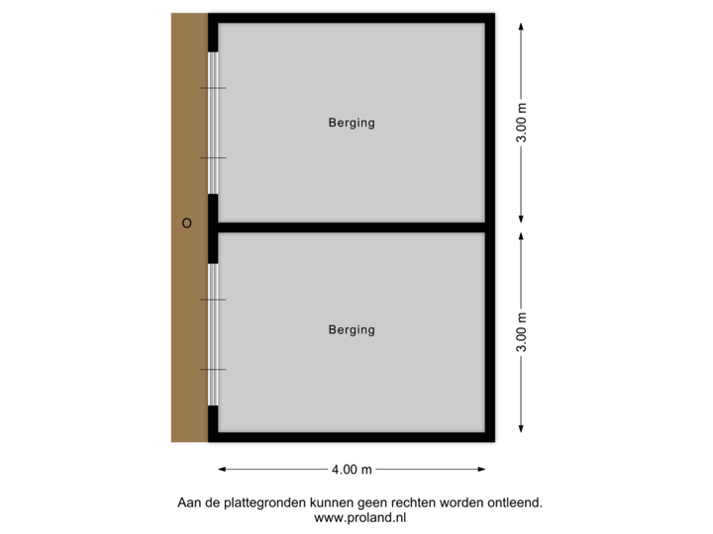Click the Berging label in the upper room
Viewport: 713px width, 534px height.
click(x=352, y=124)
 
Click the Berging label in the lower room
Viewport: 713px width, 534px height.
click(x=352, y=330)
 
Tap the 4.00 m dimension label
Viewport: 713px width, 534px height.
click(x=354, y=469)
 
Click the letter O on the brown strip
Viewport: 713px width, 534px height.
click(x=186, y=223)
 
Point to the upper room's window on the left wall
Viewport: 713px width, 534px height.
click(x=212, y=123)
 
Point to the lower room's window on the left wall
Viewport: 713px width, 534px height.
click(x=212, y=333)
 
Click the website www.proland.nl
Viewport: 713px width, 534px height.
click(x=359, y=516)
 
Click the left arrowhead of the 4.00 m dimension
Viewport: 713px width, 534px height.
click(x=222, y=469)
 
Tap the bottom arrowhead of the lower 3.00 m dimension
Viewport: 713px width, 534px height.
click(x=522, y=430)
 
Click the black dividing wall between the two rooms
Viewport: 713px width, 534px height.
click(x=352, y=226)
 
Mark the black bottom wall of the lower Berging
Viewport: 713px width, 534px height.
click(x=352, y=438)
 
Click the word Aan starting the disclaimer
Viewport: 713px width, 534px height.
click(x=186, y=503)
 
